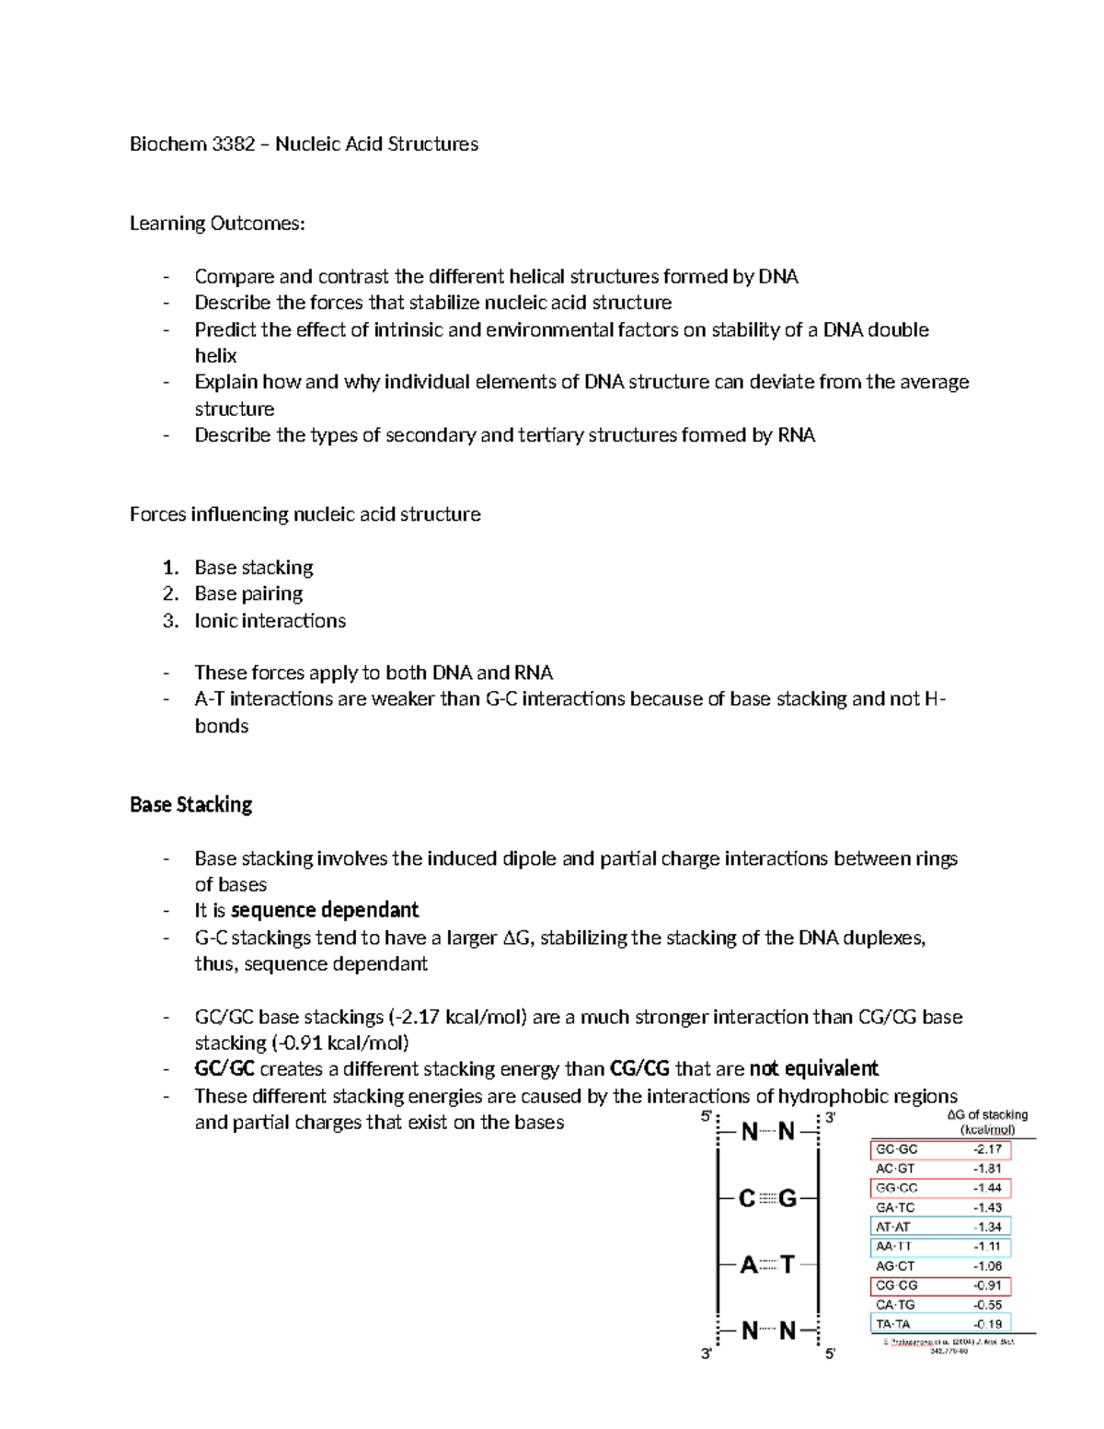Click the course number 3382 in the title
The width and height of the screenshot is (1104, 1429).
click(233, 144)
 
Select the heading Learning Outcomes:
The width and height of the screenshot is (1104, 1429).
click(216, 224)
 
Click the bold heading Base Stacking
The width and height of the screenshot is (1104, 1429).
click(190, 805)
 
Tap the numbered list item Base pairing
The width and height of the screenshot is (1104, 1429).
click(248, 594)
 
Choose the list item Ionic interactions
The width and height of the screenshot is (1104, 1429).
click(270, 621)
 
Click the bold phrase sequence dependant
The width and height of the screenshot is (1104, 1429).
click(325, 911)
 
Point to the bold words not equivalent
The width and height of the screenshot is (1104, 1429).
click(813, 1069)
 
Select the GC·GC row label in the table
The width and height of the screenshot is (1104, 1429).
click(897, 1149)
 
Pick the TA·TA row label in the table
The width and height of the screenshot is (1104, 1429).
click(893, 1324)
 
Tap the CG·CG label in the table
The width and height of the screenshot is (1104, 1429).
click(897, 1285)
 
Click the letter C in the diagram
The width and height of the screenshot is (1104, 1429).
click(747, 1199)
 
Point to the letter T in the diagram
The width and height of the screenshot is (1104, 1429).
click(788, 1265)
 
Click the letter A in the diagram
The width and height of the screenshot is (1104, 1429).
click(748, 1265)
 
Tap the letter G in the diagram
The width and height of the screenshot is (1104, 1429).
click(788, 1199)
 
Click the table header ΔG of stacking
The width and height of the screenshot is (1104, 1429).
click(987, 1115)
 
